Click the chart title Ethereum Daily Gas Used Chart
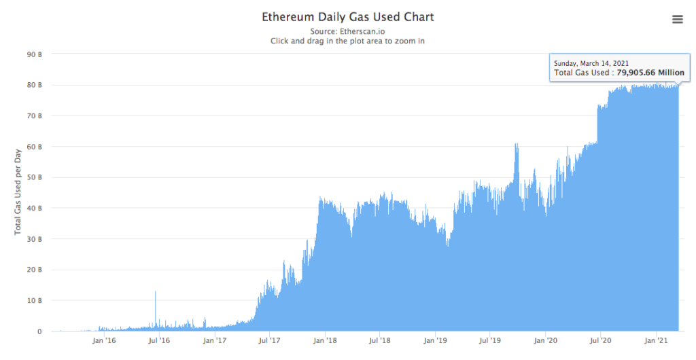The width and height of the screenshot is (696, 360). tap(347, 16)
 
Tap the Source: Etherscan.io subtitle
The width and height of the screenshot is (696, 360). tap(347, 31)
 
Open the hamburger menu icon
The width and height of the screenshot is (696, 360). tap(677, 19)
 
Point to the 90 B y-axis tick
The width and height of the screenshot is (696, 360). tap(35, 54)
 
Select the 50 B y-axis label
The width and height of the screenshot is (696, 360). tap(35, 177)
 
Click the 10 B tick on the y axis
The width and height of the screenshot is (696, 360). tap(35, 300)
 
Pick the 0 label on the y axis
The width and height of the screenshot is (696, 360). tap(40, 331)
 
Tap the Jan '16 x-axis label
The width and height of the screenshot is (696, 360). tap(104, 341)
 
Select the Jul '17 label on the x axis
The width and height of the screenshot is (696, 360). tap(270, 341)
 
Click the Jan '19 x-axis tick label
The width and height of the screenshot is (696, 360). tap(436, 341)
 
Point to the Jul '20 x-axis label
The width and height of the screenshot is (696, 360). tap(601, 341)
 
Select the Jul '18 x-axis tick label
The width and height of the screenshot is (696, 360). tap(380, 341)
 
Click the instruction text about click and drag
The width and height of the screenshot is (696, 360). tap(347, 41)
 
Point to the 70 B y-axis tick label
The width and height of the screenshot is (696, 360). tap(35, 116)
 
